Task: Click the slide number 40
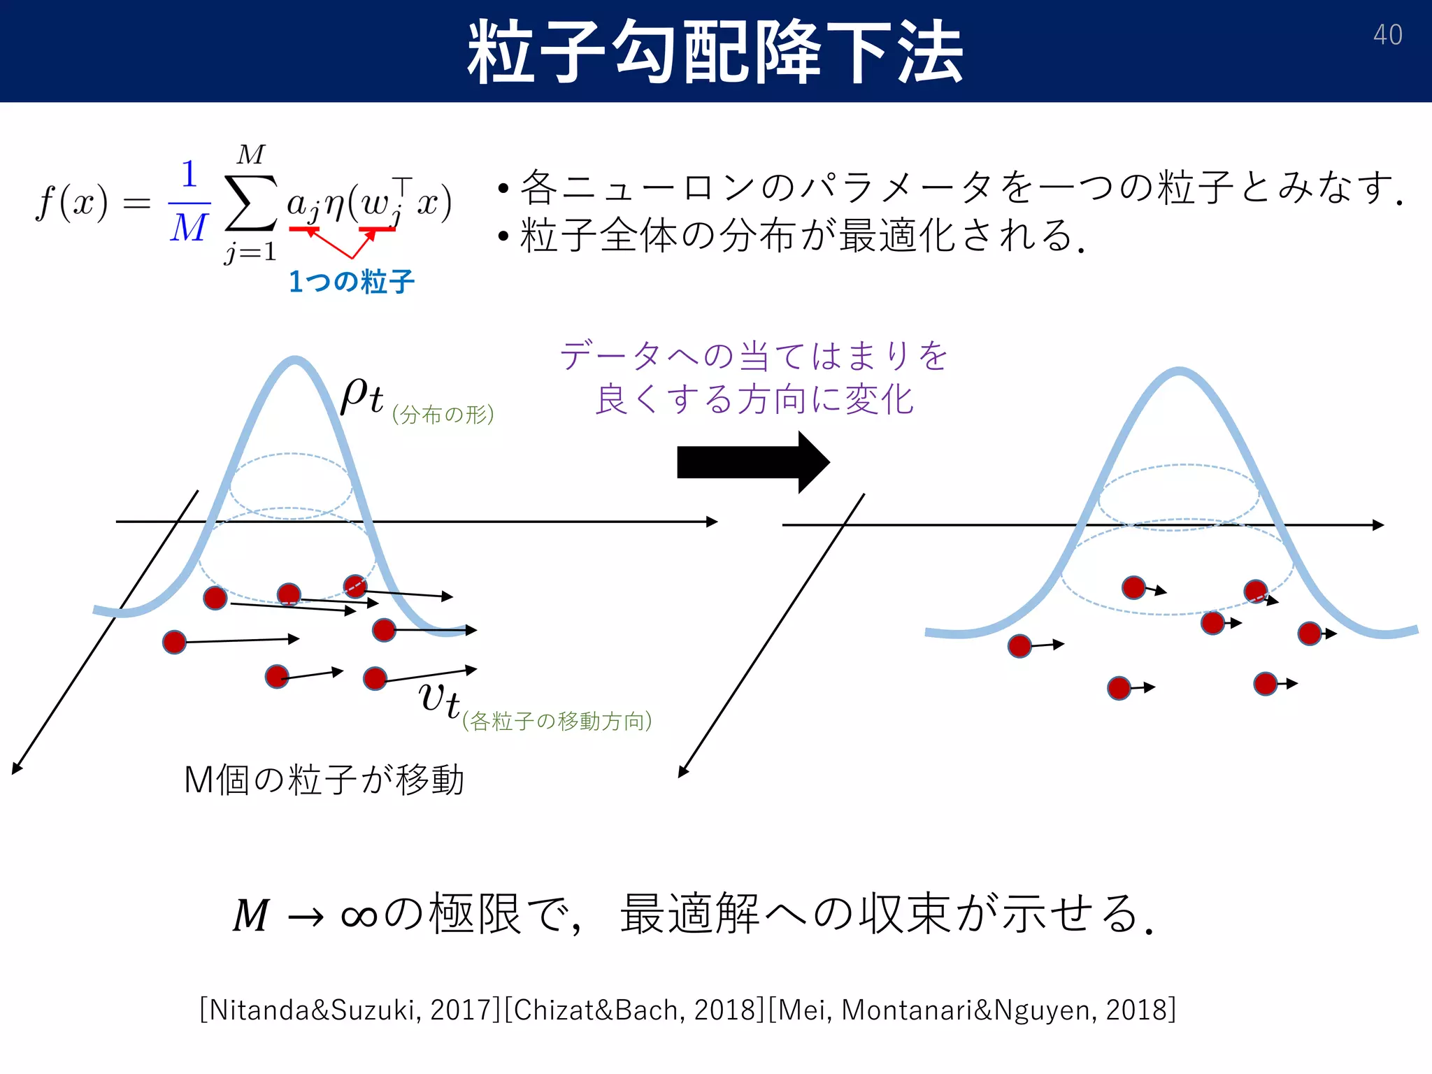(x=1387, y=35)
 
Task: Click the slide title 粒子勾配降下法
(x=715, y=52)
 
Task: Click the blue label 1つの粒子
(x=352, y=282)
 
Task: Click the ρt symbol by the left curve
(x=361, y=396)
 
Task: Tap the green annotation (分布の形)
(x=443, y=415)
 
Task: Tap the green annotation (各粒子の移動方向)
(x=557, y=720)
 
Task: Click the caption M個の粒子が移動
(x=324, y=779)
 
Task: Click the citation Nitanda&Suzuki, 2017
(x=350, y=1010)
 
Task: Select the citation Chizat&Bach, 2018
(x=634, y=1010)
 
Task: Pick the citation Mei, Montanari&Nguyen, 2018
(x=972, y=1010)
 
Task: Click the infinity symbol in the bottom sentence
(x=359, y=916)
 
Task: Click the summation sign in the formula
(x=250, y=203)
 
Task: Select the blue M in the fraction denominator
(x=189, y=228)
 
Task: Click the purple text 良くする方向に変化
(x=754, y=399)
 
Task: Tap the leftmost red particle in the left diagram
(x=174, y=642)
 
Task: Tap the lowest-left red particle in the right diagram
(x=1019, y=646)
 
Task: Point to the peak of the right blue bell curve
(x=1180, y=371)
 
